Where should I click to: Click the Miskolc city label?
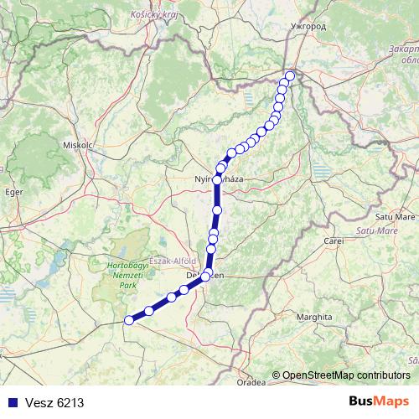(x=75, y=143)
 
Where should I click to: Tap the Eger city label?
(x=13, y=191)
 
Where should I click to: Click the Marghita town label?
(x=318, y=318)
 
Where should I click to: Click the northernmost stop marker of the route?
(x=290, y=76)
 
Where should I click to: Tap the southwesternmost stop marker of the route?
(x=129, y=319)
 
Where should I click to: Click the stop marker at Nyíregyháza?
(x=217, y=179)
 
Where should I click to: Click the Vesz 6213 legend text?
(x=54, y=403)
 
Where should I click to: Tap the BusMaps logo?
(x=379, y=401)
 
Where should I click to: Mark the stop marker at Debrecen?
(x=205, y=276)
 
